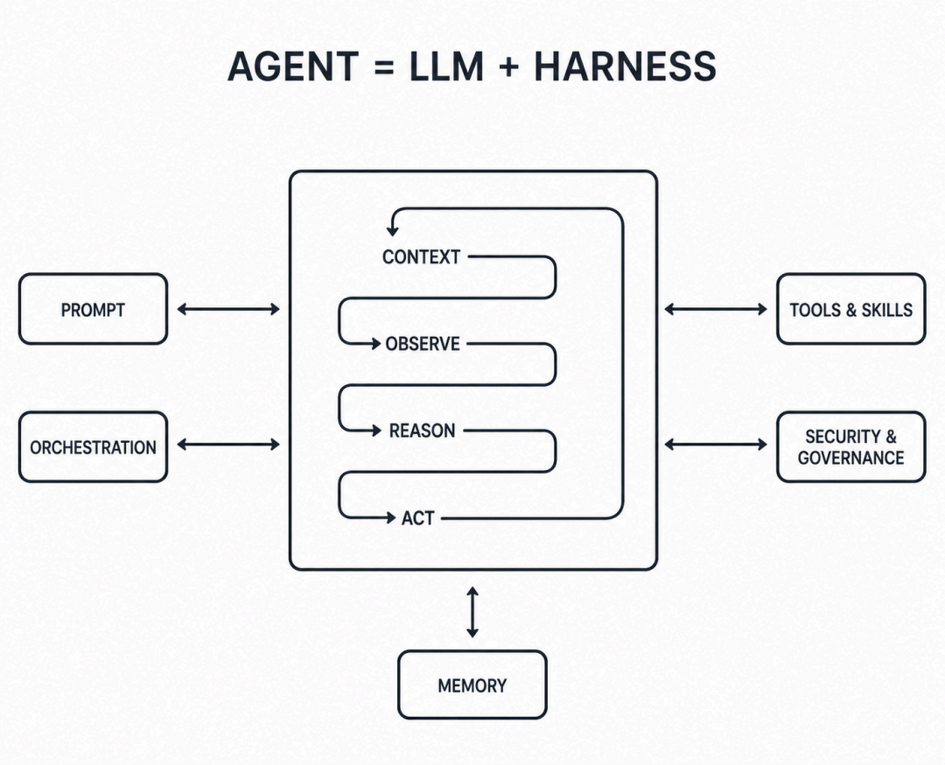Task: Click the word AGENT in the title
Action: (293, 67)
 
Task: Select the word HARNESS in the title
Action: (625, 67)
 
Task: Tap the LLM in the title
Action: (446, 67)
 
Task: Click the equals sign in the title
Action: (384, 67)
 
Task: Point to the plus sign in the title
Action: (508, 67)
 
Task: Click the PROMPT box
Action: (94, 309)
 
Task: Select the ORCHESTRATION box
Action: (94, 447)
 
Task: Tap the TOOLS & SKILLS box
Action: (851, 309)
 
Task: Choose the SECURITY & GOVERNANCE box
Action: (851, 447)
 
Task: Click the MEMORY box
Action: (472, 684)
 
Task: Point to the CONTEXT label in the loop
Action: (421, 256)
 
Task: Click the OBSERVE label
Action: (423, 344)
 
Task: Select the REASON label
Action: (422, 431)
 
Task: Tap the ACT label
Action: (417, 518)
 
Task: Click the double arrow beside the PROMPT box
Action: (228, 309)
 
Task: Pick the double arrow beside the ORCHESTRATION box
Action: (228, 445)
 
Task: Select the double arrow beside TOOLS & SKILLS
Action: (716, 309)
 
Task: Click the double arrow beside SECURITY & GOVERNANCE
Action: (716, 445)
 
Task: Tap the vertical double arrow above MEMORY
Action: (472, 613)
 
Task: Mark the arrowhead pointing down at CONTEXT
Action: (392, 231)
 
